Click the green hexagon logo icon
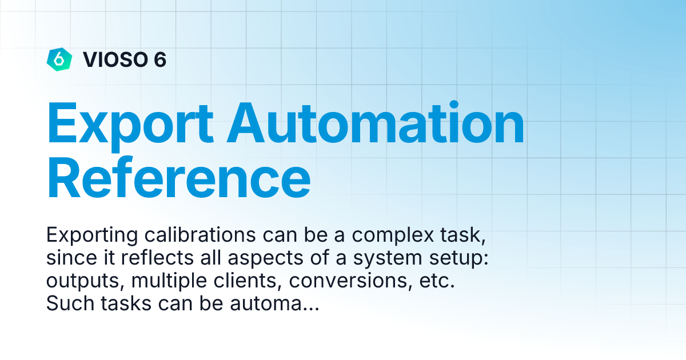click(59, 59)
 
